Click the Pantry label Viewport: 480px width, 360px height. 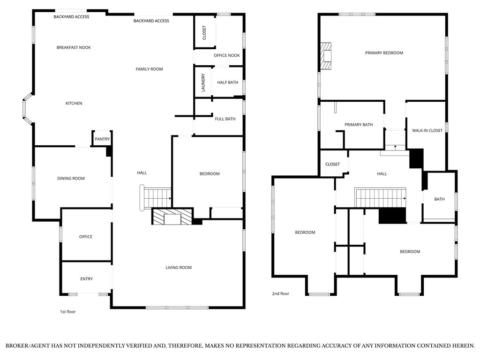point(102,139)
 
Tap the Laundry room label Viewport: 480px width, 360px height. point(203,82)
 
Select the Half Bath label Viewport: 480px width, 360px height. point(227,82)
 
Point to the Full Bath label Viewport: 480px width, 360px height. point(225,119)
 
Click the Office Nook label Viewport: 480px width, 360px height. point(226,55)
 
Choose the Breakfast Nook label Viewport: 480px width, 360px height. point(74,47)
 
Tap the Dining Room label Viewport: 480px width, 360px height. point(71,179)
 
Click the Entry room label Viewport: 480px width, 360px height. point(86,279)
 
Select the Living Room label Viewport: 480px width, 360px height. point(179,268)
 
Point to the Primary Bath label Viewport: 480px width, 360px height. point(359,125)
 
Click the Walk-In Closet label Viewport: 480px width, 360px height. point(427,130)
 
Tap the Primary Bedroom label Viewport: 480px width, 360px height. point(384,53)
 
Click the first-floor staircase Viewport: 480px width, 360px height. point(156,198)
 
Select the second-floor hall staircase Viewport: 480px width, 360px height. point(380,198)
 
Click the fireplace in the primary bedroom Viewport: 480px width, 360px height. point(326,56)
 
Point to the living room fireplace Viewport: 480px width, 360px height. point(172,217)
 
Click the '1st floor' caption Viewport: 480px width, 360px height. point(67,312)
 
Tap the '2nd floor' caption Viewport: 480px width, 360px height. point(280,293)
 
